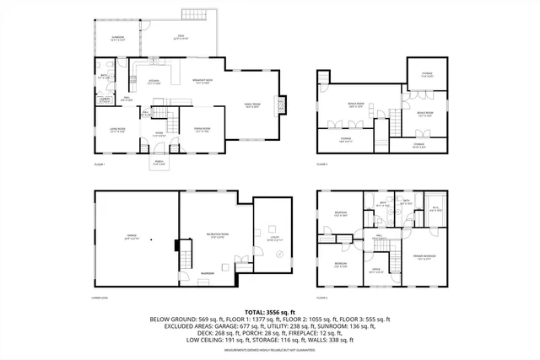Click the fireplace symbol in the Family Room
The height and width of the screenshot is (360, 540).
281,104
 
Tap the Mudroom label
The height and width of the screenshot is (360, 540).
208,273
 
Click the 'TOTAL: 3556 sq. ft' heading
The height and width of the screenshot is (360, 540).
270,311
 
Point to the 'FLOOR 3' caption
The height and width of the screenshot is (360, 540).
321,164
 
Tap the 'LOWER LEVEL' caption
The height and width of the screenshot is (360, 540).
102,298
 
